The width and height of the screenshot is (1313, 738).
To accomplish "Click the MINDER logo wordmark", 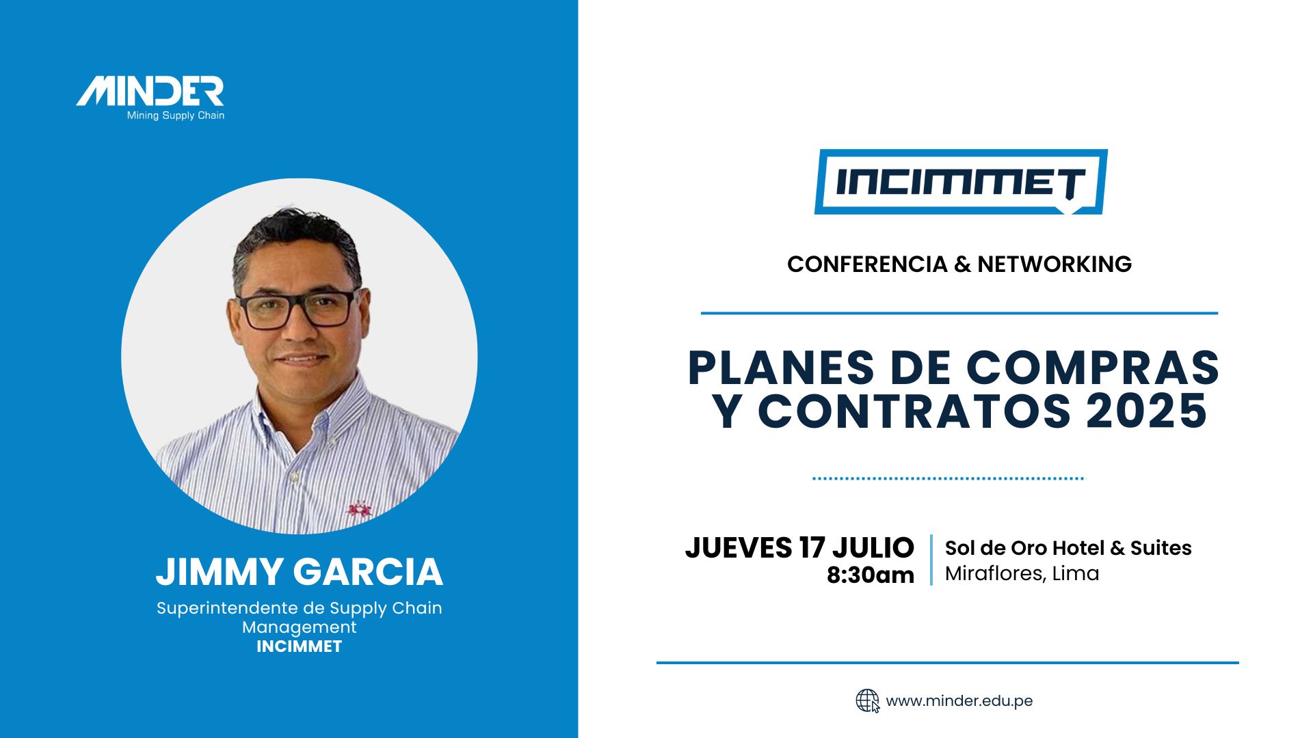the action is tap(150, 92).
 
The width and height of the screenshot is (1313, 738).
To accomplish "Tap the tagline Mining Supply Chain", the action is tap(176, 115).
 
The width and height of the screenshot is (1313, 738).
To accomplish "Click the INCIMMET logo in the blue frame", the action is tap(961, 182).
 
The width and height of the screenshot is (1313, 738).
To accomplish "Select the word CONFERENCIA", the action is tap(867, 264).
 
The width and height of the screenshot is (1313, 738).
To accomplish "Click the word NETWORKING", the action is tap(1055, 264).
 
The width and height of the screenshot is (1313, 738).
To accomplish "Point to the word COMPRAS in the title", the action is tap(1093, 368).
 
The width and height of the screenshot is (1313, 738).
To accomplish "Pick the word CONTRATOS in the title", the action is tap(914, 411).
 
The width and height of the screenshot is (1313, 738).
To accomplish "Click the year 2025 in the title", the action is tap(1147, 411).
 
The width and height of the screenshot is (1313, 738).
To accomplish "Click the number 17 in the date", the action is tap(812, 548).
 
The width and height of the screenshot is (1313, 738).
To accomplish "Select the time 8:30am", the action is tap(871, 575).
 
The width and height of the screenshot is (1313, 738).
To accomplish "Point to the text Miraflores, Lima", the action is tap(1022, 573).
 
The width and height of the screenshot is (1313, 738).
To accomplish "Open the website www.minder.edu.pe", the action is tap(959, 701).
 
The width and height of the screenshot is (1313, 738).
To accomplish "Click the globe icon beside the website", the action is tap(868, 701).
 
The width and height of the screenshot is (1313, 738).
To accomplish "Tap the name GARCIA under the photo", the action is tap(369, 572).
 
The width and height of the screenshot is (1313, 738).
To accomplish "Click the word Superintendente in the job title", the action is tap(226, 608).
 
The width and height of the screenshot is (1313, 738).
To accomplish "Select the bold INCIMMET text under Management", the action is tap(300, 646).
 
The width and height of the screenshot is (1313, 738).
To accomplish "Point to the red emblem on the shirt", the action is tap(359, 510).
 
